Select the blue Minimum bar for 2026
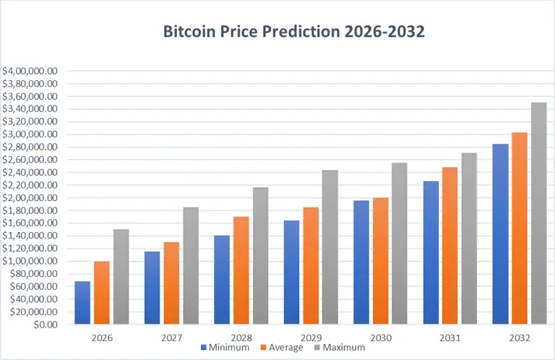pos(82,302)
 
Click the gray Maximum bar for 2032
pos(539,213)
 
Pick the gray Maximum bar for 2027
pos(191,265)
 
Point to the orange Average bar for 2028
pos(241,270)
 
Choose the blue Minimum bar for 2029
pos(291,272)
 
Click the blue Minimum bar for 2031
pos(431,252)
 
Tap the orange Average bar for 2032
pos(520,228)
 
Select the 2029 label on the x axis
pos(311,338)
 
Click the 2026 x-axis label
pos(102,338)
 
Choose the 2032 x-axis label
pos(520,338)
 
